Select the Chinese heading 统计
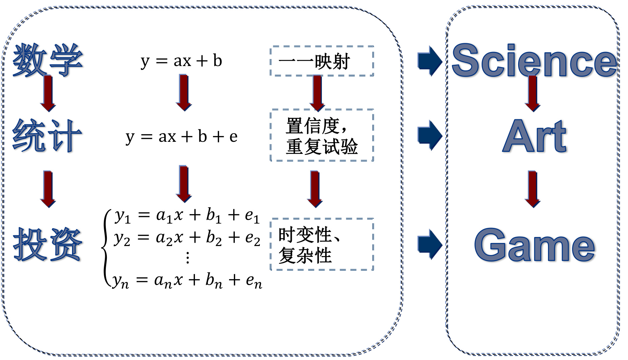point(47,136)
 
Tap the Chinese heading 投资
point(48,245)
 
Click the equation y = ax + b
point(181,61)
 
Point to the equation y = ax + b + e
point(182,137)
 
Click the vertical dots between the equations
point(188,258)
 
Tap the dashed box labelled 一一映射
point(322,61)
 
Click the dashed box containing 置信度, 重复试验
point(322,135)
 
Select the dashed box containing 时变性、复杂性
point(322,244)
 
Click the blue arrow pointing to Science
point(430,61)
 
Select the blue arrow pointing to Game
point(430,244)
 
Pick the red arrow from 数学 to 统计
point(48,93)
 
